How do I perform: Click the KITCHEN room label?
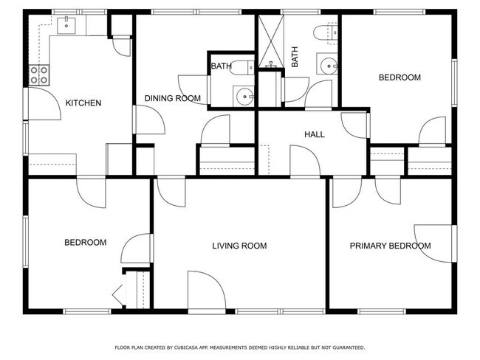point(83,103)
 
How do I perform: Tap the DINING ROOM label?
point(173,99)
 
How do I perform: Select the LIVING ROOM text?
point(239,246)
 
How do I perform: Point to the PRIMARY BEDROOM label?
point(390,246)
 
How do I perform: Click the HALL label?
point(315,134)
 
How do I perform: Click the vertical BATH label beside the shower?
point(295,58)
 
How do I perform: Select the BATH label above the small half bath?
point(221,66)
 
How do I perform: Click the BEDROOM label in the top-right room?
point(400,77)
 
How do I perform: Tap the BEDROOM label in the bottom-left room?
point(85,242)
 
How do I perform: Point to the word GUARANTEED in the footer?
point(345,347)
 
